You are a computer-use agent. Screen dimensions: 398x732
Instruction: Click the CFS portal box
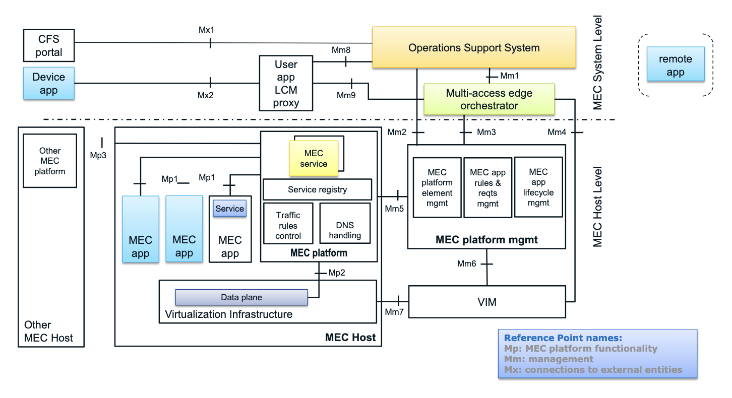pos(49,45)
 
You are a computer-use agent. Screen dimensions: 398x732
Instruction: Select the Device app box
pos(49,84)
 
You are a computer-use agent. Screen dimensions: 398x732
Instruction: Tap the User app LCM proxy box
pos(286,84)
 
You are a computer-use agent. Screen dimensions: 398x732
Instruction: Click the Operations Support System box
pos(474,48)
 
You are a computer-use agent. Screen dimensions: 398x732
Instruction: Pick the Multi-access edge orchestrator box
pos(489,99)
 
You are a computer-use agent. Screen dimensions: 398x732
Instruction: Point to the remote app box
pos(676,65)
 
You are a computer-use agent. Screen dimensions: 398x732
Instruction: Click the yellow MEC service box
pos(314,158)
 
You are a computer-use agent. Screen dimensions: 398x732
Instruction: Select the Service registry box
pos(317,189)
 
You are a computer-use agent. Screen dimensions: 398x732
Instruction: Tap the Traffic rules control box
pos(288,225)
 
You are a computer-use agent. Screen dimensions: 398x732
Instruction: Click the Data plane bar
pos(241,297)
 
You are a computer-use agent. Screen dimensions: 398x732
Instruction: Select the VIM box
pos(487,302)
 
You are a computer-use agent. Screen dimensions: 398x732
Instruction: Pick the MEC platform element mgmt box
pos(437,187)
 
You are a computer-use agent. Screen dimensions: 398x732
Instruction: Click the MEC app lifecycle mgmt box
pos(538,187)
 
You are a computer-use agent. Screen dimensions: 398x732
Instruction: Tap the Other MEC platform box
pos(50,161)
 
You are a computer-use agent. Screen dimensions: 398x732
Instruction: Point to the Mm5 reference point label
pos(394,209)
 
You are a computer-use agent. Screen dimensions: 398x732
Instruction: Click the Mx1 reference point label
pos(206,30)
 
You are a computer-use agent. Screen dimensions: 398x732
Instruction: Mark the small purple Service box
pos(230,209)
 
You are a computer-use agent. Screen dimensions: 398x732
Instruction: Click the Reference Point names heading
pos(563,338)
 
